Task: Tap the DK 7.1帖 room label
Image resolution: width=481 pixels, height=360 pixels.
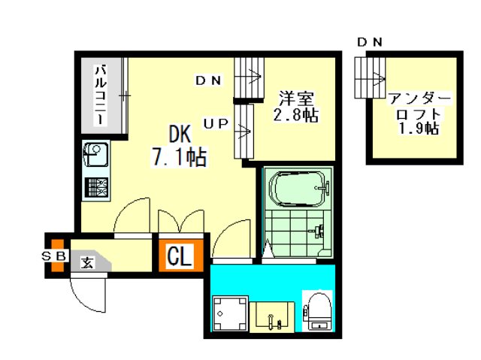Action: pos(180,147)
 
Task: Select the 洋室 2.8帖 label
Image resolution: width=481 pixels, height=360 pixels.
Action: pos(295,107)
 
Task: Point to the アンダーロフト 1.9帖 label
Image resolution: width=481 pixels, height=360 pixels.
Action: pos(419,114)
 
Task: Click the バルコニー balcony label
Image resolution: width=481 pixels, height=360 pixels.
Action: pos(101,95)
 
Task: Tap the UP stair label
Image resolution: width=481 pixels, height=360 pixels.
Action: pos(216,123)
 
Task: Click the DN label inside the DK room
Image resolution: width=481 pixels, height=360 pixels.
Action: pos(208,80)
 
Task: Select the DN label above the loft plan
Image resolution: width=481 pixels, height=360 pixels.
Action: pos(370,42)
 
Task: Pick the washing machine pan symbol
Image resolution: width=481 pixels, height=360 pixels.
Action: pos(230,313)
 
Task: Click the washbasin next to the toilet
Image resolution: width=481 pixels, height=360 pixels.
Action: pos(272,317)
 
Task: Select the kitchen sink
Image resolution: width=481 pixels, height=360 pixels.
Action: pos(95,155)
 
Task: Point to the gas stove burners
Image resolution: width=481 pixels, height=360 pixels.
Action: pos(96,188)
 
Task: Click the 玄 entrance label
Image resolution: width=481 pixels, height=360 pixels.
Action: pos(88,263)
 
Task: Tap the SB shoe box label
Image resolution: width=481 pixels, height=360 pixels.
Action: pos(54,256)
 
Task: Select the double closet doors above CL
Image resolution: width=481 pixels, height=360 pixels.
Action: pos(180,222)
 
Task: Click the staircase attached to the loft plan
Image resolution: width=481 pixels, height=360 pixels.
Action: pos(370,77)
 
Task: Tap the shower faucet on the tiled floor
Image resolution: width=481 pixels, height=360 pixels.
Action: pos(318,231)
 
